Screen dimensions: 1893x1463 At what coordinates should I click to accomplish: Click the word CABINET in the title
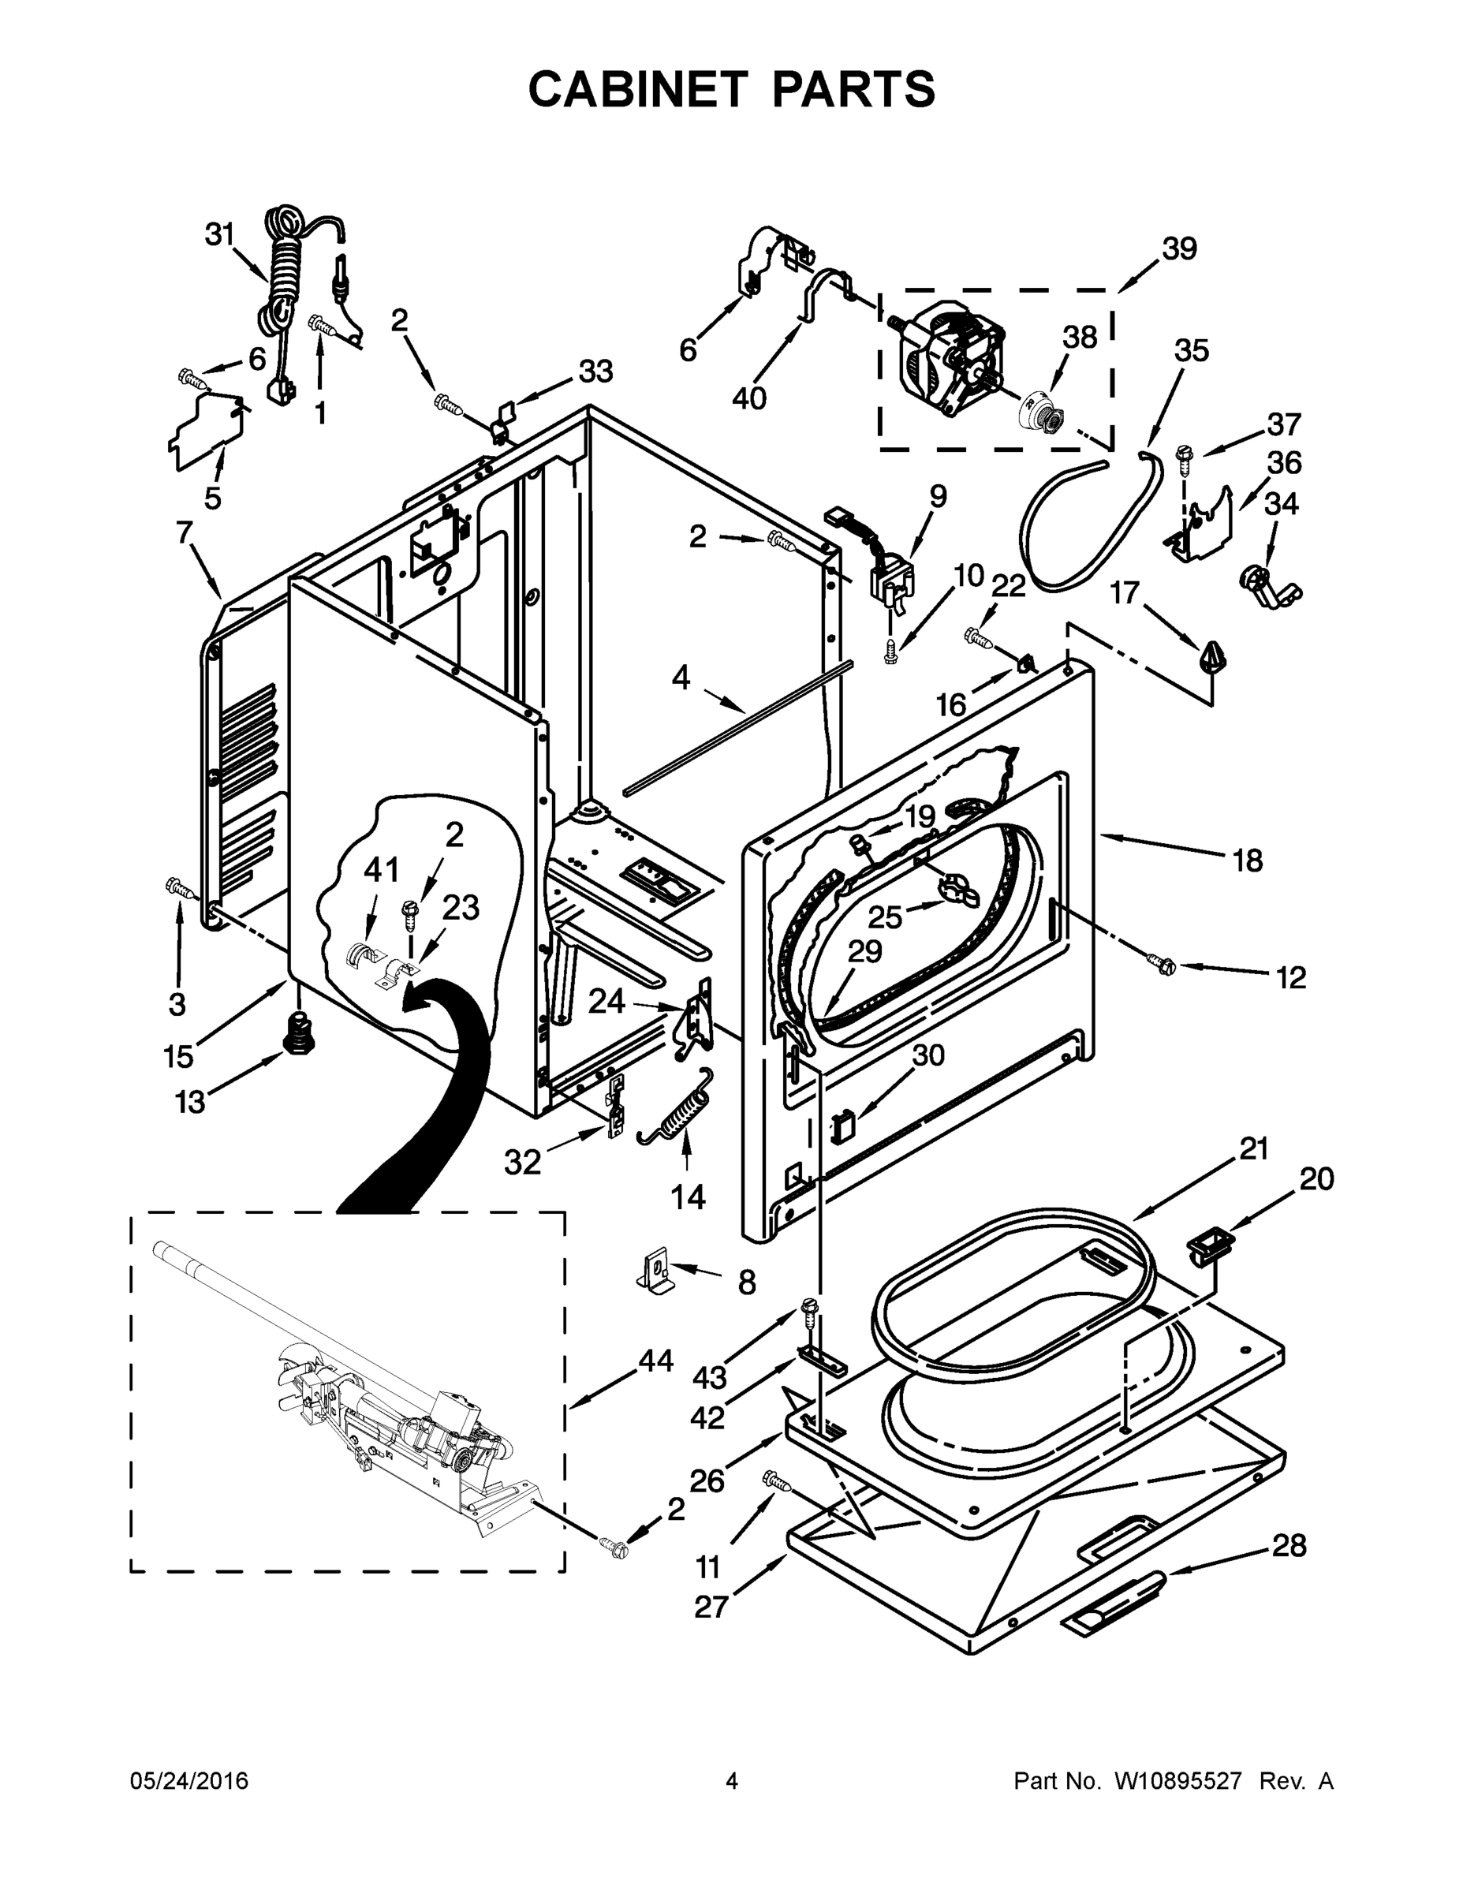coord(637,88)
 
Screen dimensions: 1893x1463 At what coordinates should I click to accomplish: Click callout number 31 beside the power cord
coord(220,234)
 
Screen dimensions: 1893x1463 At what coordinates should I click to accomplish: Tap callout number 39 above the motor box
coord(1179,248)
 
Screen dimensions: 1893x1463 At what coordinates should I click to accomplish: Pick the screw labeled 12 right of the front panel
coord(1159,961)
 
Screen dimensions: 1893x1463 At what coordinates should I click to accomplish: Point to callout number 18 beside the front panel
coord(1247,861)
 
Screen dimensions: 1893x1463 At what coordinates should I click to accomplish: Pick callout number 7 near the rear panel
coord(184,532)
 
